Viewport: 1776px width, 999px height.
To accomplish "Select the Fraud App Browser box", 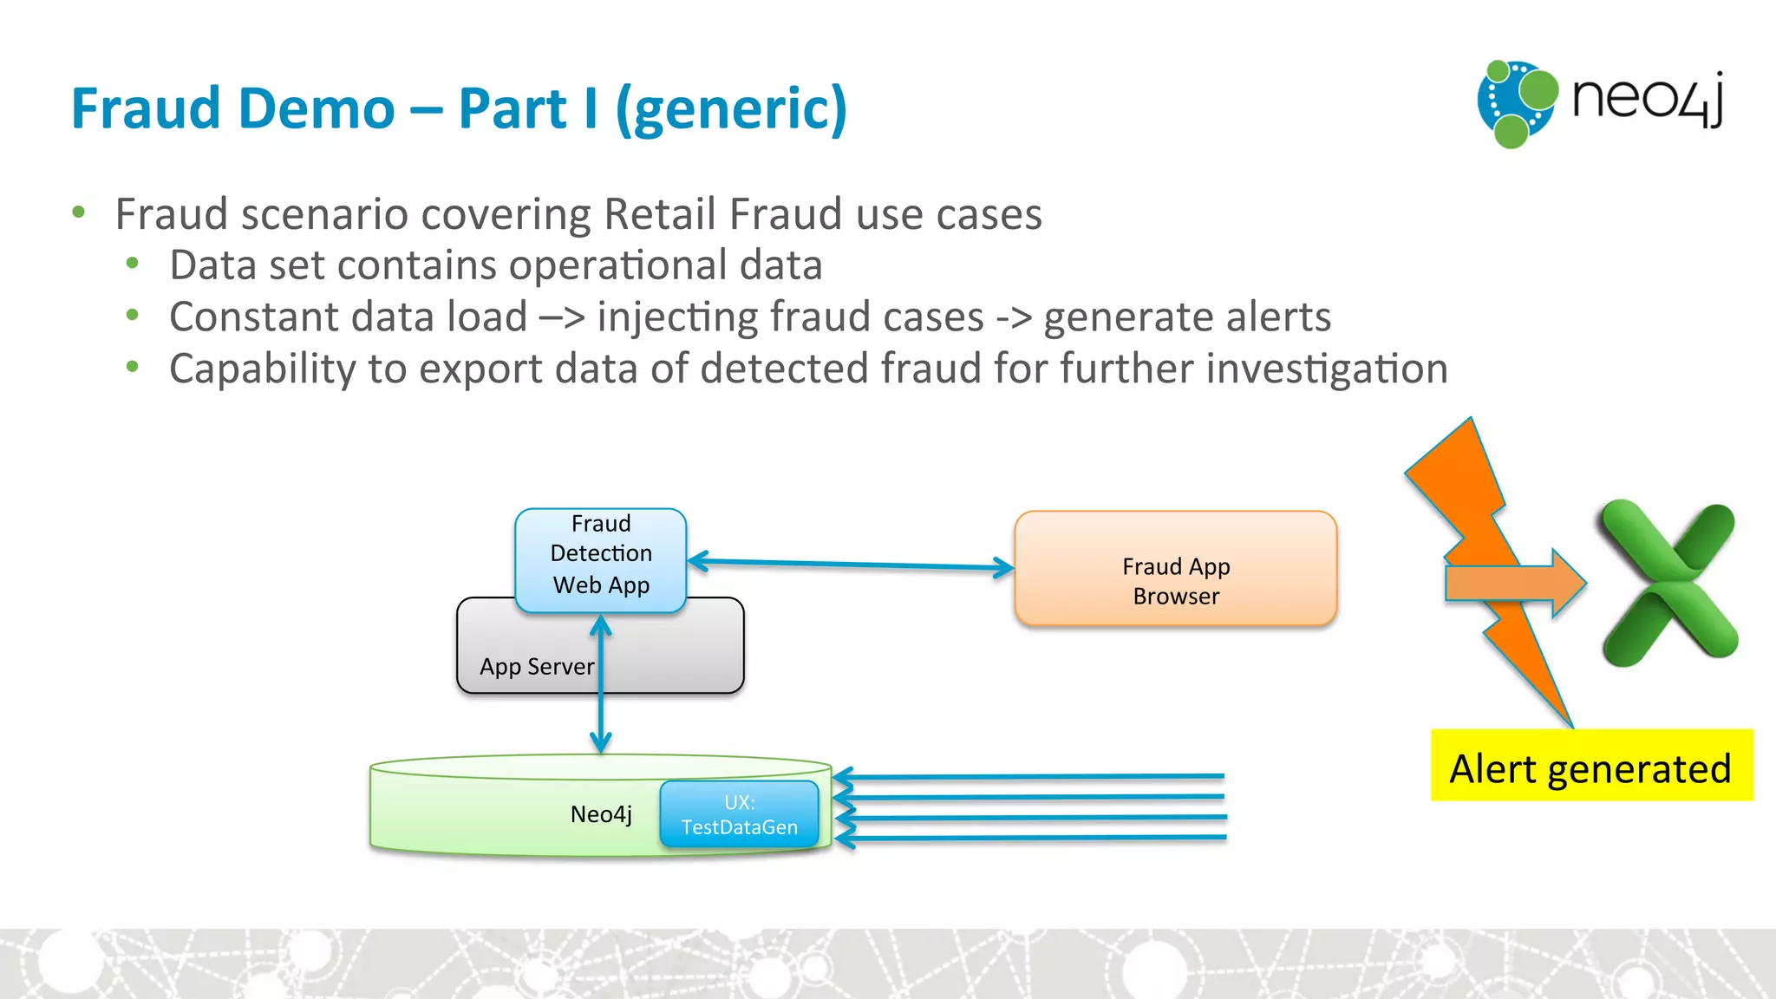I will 1175,570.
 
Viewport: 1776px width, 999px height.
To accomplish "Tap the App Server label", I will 537,666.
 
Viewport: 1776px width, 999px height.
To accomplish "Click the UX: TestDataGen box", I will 739,814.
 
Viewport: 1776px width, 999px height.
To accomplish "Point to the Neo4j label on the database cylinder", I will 600,814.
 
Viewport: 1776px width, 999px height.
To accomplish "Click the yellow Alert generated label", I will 1590,767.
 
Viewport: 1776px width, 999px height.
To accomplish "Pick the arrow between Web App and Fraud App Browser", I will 850,565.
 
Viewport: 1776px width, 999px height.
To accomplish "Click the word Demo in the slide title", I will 315,109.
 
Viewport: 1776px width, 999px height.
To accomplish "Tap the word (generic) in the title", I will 730,109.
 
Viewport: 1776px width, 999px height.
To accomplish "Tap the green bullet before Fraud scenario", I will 79,212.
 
